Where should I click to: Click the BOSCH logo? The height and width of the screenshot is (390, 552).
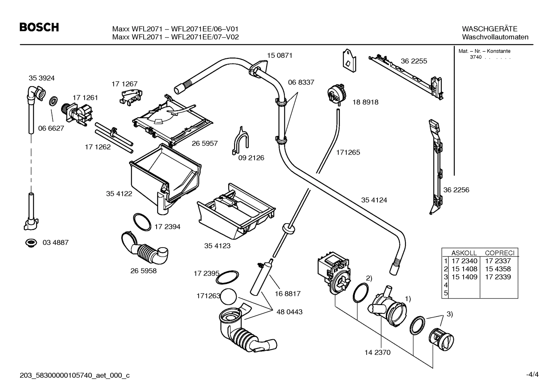39,28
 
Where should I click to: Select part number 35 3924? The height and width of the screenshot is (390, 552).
41,78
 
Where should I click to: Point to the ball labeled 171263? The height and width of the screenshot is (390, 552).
229,296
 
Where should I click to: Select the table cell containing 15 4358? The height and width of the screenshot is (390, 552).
498,269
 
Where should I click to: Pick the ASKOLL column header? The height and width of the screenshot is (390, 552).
464,253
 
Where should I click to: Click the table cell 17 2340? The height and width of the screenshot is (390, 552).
464,261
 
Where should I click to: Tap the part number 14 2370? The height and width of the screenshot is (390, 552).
377,352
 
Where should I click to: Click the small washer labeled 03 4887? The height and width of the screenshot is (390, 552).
30,242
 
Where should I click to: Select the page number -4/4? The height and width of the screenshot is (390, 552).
532,375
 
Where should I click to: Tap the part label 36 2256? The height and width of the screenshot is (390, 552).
456,190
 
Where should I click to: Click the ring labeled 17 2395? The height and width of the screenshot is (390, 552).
227,277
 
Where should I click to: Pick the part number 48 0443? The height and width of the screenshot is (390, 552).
289,312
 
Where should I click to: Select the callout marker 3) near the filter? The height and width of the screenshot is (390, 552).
449,314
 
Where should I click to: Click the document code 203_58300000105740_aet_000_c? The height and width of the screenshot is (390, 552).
75,375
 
